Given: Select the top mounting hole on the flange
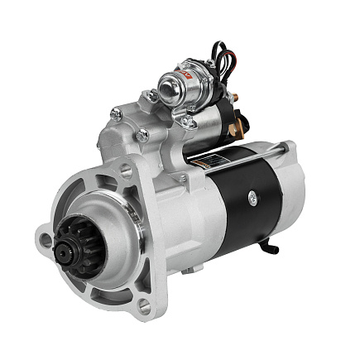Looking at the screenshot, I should tap(126, 172).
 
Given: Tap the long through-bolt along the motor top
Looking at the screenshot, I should tap(248, 151).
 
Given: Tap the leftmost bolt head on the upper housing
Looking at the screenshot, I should tap(116, 113).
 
